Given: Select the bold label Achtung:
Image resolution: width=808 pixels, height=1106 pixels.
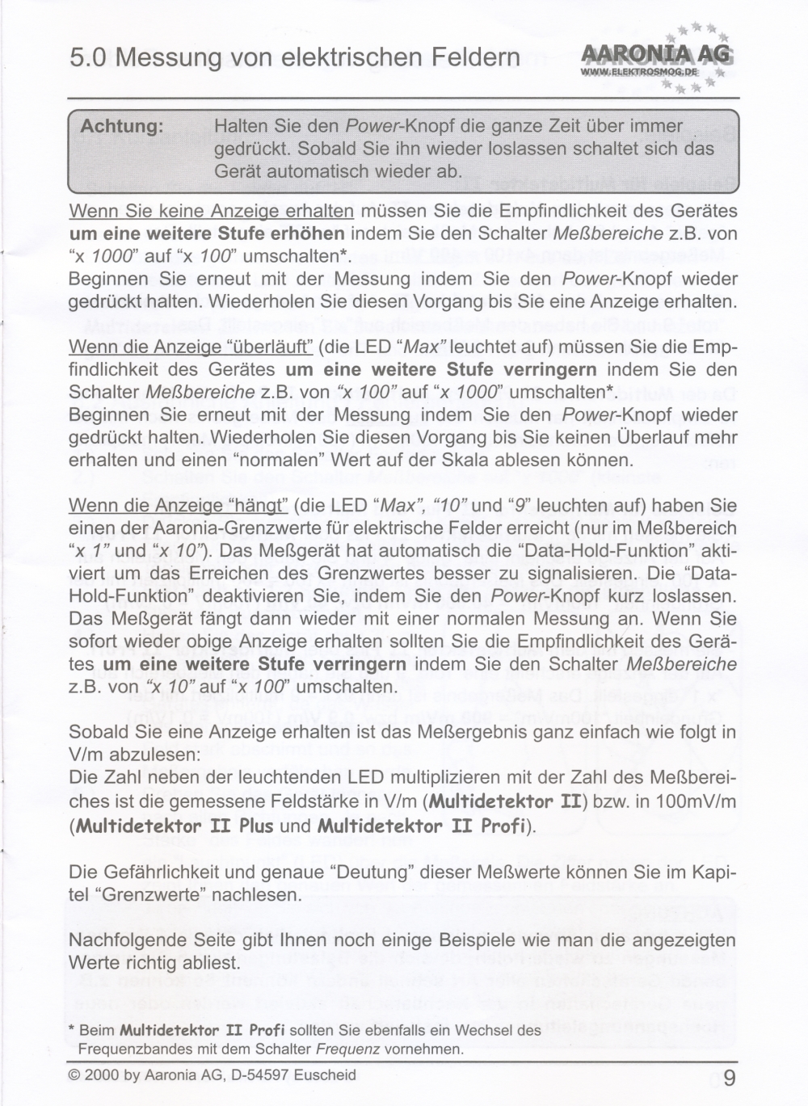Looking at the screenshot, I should [122, 126].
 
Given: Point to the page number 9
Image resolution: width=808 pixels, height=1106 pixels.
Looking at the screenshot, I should [730, 1079].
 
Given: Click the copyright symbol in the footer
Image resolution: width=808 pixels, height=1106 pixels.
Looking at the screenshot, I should [74, 1075].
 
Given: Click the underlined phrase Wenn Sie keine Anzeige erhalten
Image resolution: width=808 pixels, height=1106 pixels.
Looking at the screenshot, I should [212, 212].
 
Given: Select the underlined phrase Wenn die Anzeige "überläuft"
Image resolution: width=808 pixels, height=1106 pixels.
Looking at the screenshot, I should [191, 347].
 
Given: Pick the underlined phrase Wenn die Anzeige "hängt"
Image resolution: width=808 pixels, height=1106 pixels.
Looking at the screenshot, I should [179, 506].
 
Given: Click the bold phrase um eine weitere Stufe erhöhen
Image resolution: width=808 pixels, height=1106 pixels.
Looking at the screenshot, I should [207, 234].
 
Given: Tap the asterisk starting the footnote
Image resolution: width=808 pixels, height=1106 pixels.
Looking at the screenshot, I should [72, 1031].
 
